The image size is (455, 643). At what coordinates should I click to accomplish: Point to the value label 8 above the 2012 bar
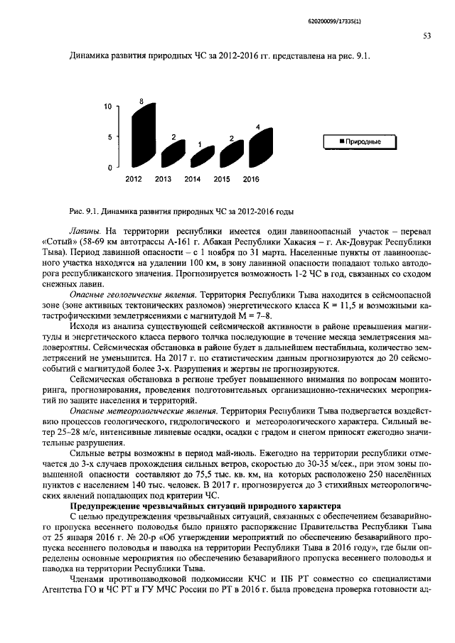(142, 102)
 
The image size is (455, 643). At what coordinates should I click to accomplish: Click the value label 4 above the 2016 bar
(258, 126)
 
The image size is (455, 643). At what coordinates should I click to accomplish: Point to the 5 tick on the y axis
(110, 137)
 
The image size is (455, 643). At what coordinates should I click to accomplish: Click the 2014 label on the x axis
(192, 179)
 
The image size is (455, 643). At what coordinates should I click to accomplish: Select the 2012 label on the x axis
(134, 179)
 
